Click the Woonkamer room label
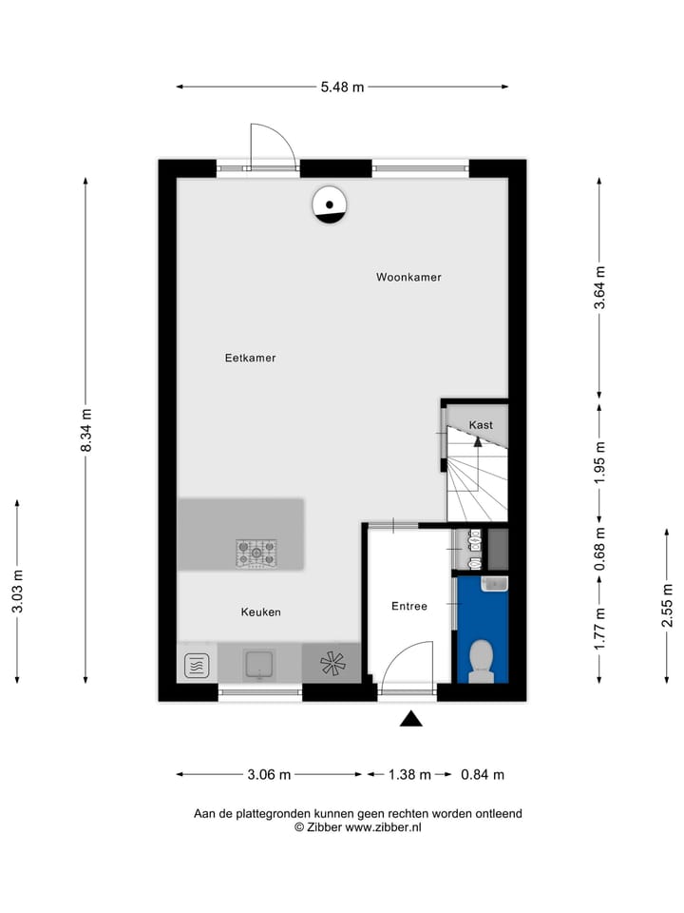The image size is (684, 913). pos(408,278)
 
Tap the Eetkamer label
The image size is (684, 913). pos(250,359)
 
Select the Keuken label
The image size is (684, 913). pos(260,612)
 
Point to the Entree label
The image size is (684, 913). pos(409,606)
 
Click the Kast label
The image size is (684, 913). pos(481,425)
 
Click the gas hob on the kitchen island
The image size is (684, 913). pos(256,552)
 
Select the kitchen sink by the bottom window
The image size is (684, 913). pos(259,663)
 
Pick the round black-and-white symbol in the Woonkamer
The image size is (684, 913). pos(330,204)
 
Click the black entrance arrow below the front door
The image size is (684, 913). pos(410,719)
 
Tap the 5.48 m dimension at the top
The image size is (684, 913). pos(342,87)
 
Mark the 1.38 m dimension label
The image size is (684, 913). pos(408,775)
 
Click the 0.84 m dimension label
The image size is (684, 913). pos(482,775)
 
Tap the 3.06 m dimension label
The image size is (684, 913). pos(269,775)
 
